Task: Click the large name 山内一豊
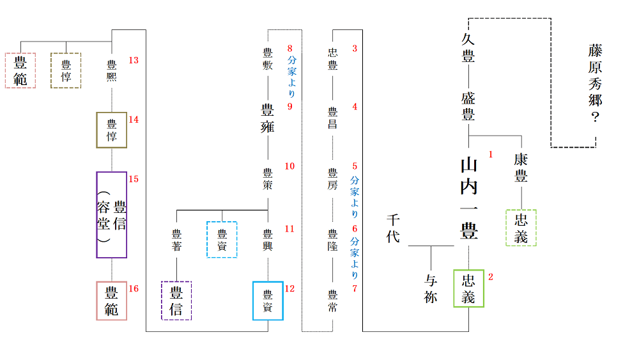(x=469, y=198)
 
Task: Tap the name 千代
(x=393, y=229)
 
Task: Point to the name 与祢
(x=431, y=289)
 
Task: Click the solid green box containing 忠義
(x=469, y=288)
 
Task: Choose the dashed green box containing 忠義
(x=521, y=228)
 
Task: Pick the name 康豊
(x=521, y=169)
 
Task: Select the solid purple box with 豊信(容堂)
(x=112, y=215)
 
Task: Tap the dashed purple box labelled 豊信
(x=176, y=301)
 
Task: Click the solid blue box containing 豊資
(x=268, y=301)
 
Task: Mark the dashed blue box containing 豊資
(x=222, y=239)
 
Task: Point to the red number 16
(x=134, y=288)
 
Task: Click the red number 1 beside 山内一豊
(x=491, y=155)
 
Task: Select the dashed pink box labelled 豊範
(x=20, y=70)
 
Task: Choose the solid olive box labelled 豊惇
(x=112, y=130)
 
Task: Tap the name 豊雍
(x=268, y=117)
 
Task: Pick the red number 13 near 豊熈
(x=134, y=61)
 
